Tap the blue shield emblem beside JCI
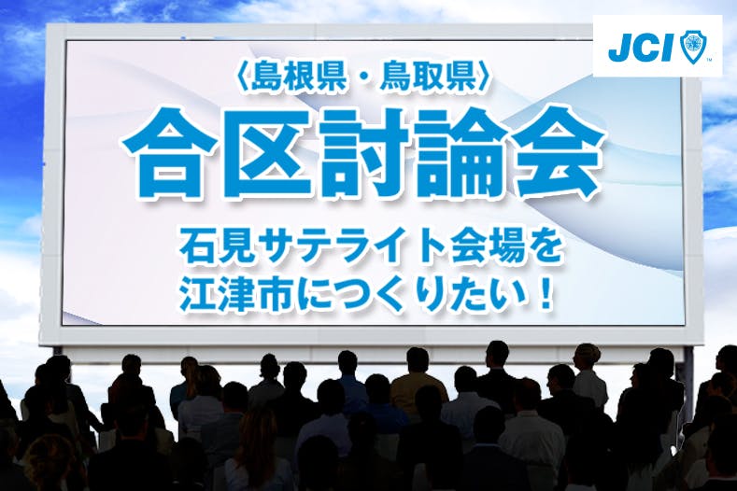point(692,47)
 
